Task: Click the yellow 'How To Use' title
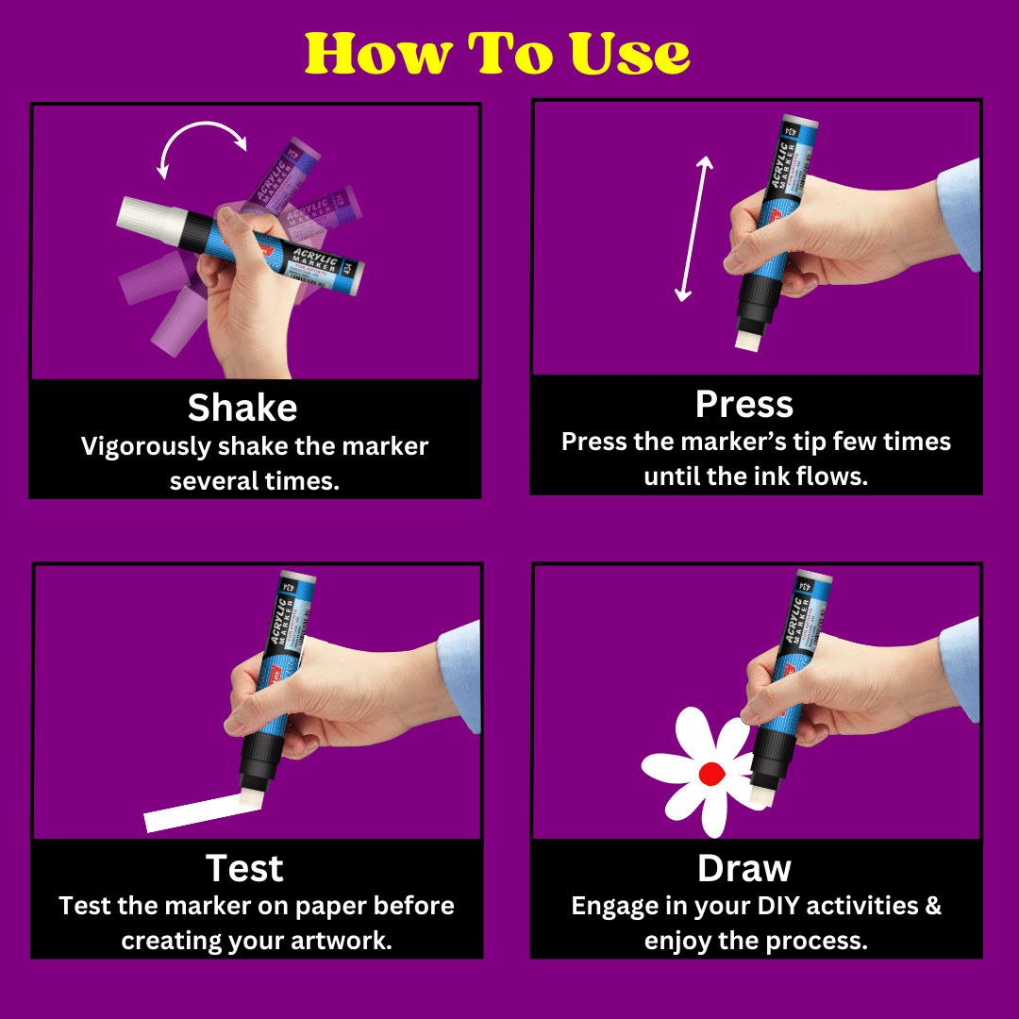(x=497, y=53)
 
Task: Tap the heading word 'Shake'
(x=242, y=408)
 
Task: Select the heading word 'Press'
(x=744, y=404)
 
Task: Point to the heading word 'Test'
(x=244, y=868)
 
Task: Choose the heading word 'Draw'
(x=744, y=868)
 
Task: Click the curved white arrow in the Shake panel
(x=203, y=125)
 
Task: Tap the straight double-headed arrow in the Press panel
(x=694, y=228)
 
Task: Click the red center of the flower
(x=711, y=774)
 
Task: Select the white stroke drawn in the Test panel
(x=202, y=813)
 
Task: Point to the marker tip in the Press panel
(x=747, y=341)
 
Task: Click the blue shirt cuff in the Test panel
(x=459, y=676)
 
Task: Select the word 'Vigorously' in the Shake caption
(x=146, y=447)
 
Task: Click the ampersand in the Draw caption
(x=933, y=905)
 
